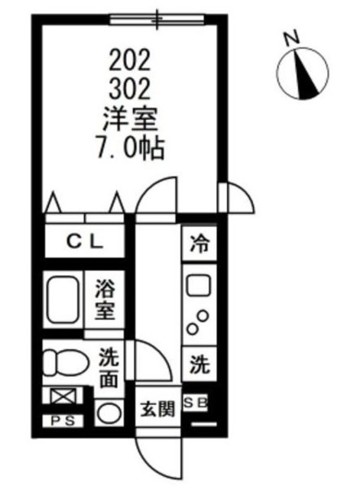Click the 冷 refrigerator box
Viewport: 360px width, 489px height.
click(x=199, y=245)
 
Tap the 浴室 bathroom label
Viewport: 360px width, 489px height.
click(x=105, y=300)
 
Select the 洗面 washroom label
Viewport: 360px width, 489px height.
click(x=109, y=368)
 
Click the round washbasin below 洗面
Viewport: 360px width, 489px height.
click(x=109, y=413)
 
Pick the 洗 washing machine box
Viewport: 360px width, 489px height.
click(x=199, y=363)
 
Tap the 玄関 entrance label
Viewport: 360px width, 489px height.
click(x=157, y=408)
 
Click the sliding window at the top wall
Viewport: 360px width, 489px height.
click(x=157, y=18)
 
